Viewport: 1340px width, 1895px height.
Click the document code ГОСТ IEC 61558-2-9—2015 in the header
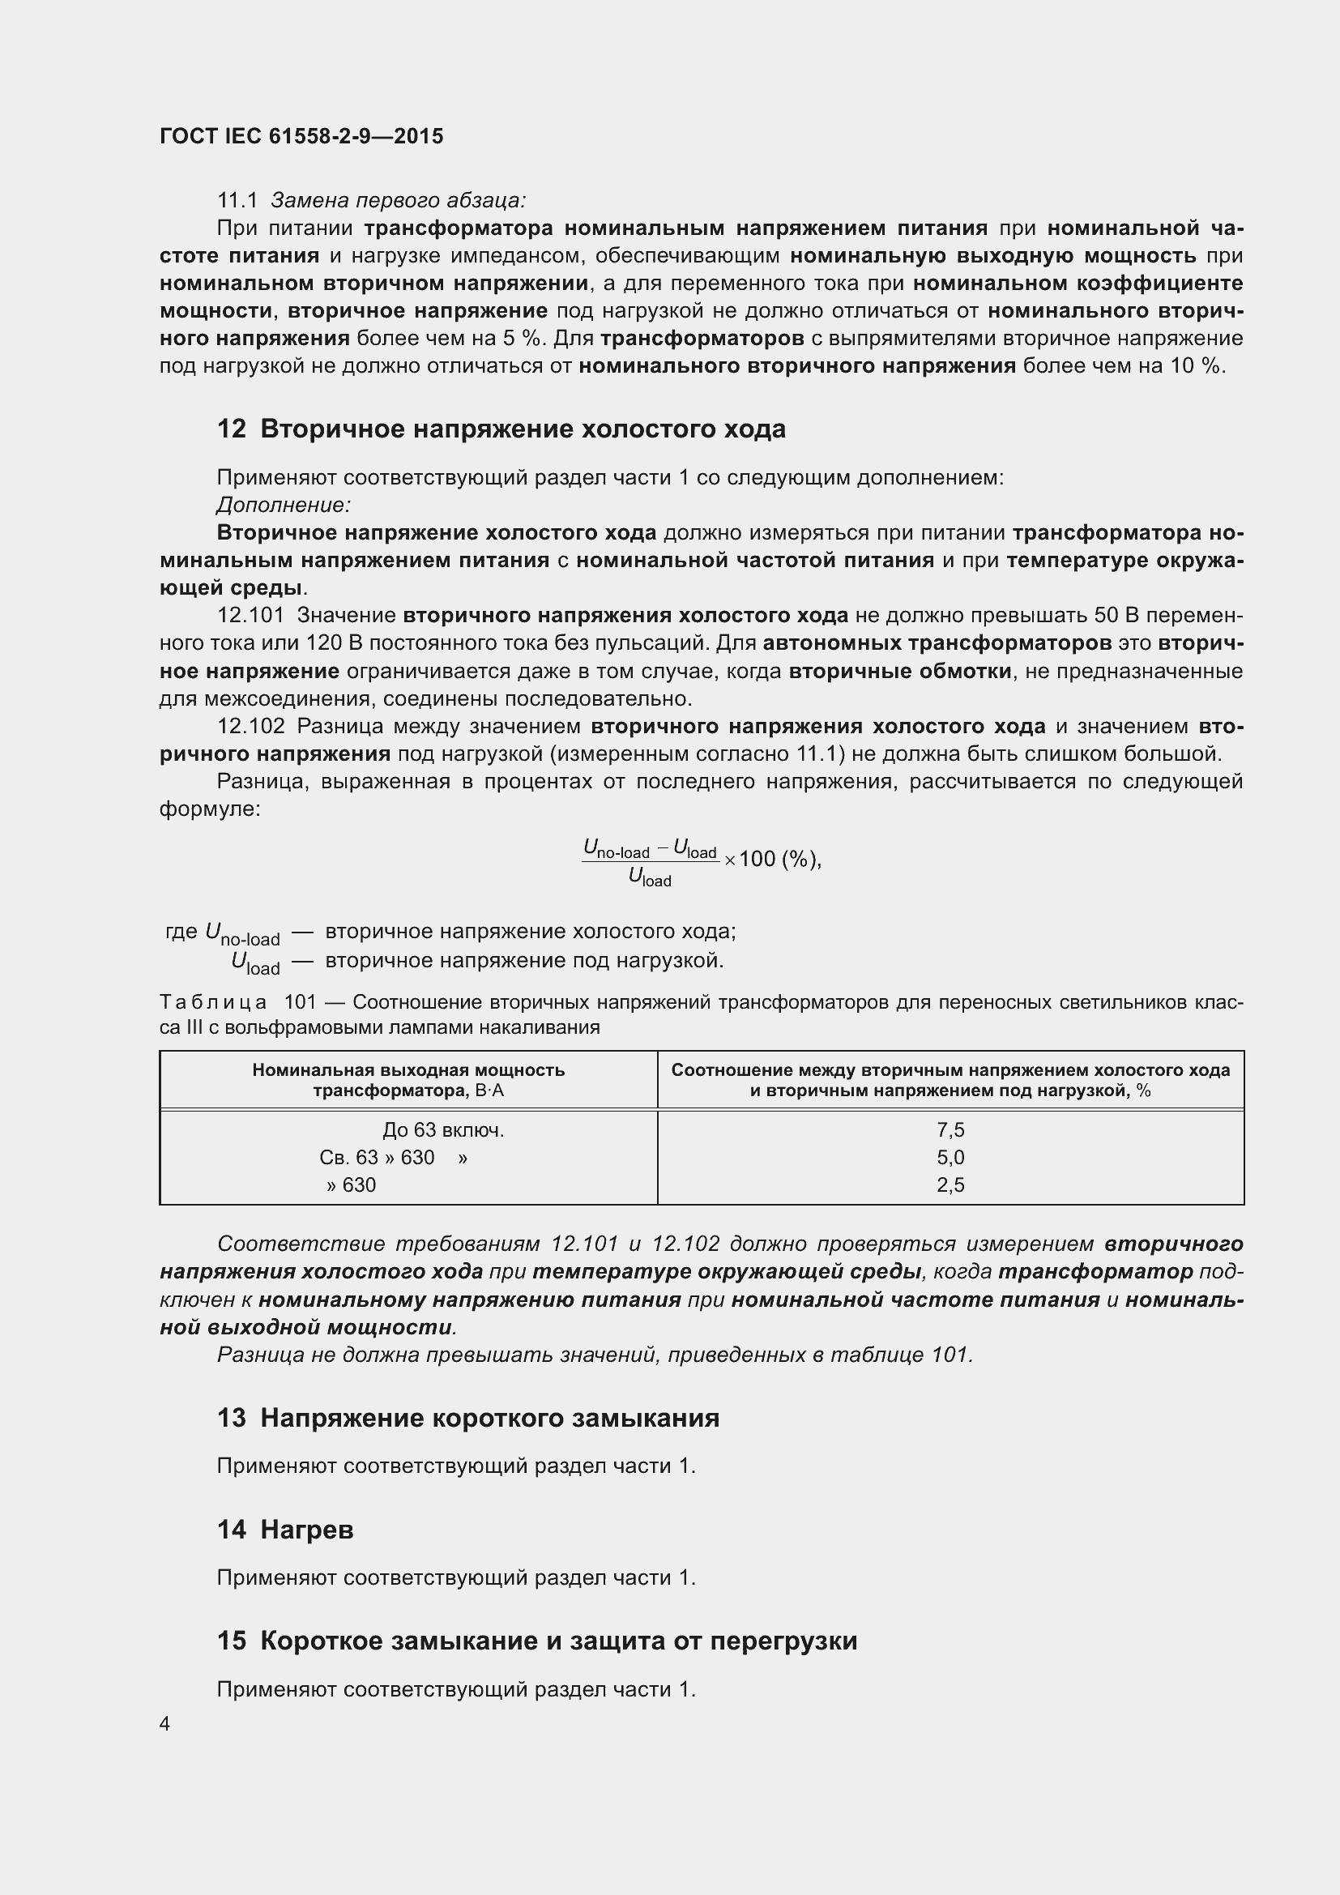pyautogui.click(x=301, y=136)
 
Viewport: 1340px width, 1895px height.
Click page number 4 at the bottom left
pyautogui.click(x=165, y=1724)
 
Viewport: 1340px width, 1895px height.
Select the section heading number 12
pyautogui.click(x=231, y=429)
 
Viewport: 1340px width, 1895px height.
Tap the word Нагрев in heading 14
pyautogui.click(x=307, y=1530)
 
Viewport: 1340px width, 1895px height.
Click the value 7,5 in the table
pyautogui.click(x=950, y=1130)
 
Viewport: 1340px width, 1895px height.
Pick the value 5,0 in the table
pyautogui.click(x=950, y=1157)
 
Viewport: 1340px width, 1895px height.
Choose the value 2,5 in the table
pyautogui.click(x=950, y=1184)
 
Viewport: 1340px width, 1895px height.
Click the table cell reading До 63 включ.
pyautogui.click(x=443, y=1130)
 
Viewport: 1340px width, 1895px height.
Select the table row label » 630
pyautogui.click(x=351, y=1184)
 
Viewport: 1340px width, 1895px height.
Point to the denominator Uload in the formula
pyautogui.click(x=651, y=878)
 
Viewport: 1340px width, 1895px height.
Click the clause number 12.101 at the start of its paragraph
pyautogui.click(x=250, y=615)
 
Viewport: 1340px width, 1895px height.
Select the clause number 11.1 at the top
pyautogui.click(x=237, y=201)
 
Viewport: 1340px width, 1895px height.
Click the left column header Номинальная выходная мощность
pyautogui.click(x=408, y=1069)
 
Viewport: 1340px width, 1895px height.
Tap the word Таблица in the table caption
pyautogui.click(x=213, y=1002)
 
